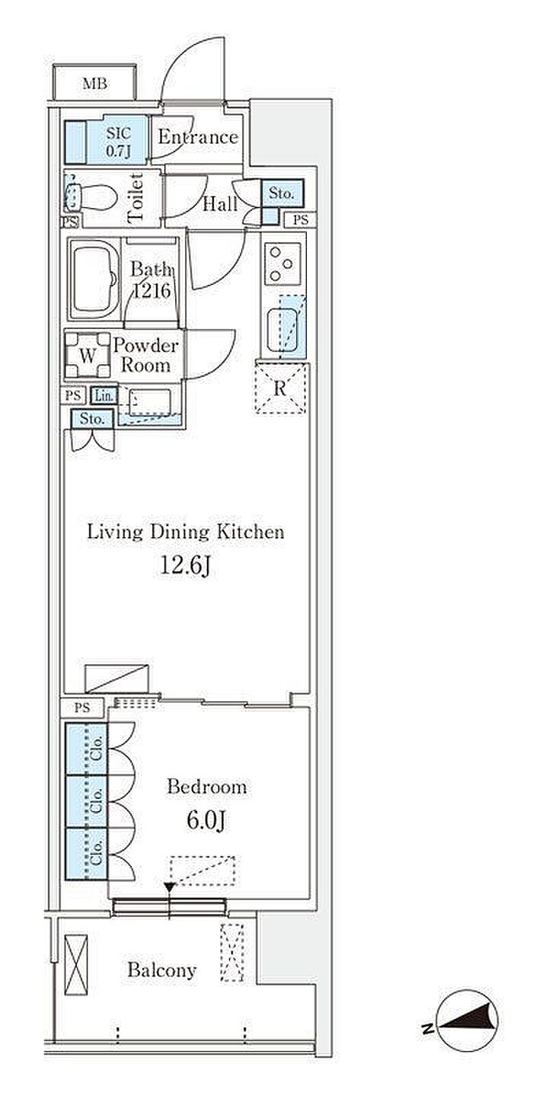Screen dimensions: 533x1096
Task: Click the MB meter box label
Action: point(95,84)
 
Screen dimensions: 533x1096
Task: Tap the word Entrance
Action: point(197,137)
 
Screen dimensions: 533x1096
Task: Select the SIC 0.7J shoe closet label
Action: point(118,142)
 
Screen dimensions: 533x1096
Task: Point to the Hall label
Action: point(220,204)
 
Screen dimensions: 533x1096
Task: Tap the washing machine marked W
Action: point(88,355)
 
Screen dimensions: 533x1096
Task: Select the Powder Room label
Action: point(145,356)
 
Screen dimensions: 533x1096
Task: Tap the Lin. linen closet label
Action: point(104,395)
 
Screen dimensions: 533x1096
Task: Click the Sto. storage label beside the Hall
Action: point(282,193)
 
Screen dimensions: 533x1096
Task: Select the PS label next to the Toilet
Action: point(70,222)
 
